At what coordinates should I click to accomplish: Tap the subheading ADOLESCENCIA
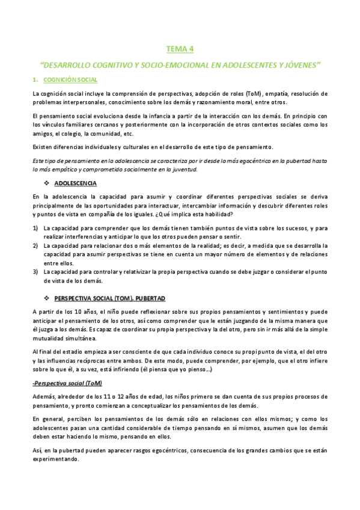pos(76,183)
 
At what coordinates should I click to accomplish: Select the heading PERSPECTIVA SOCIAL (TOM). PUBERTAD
pos(109,298)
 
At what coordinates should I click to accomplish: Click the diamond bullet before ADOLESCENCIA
pos(47,183)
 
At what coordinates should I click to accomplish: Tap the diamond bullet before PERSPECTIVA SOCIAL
pos(47,298)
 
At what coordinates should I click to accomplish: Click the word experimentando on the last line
pos(55,458)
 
